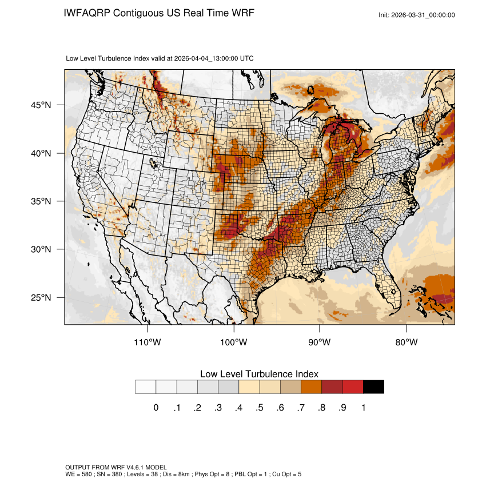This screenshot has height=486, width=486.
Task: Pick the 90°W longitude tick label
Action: click(320, 342)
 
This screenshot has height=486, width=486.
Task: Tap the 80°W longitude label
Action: click(407, 342)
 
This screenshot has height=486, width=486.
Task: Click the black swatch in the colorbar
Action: click(373, 387)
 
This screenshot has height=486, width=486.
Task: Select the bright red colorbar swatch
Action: click(353, 387)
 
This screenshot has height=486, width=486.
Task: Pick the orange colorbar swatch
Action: click(311, 387)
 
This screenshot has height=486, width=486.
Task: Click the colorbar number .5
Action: click(260, 408)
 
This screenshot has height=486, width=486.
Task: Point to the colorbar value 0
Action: click(156, 408)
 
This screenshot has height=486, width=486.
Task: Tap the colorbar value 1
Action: click(363, 408)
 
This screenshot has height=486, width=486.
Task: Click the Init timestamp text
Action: click(417, 15)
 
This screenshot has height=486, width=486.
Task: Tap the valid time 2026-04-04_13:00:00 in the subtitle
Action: click(206, 58)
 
